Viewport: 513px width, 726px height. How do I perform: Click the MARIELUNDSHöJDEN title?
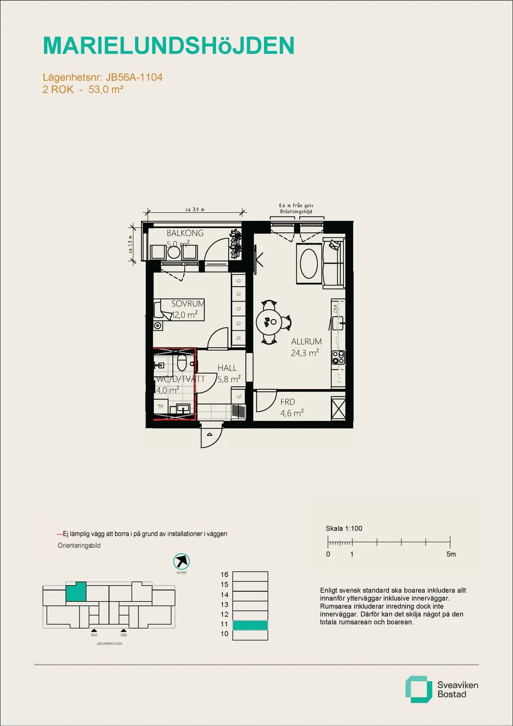pyautogui.click(x=168, y=46)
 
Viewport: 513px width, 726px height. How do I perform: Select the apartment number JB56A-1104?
pyautogui.click(x=134, y=77)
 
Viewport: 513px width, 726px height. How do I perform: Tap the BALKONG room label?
pyautogui.click(x=185, y=233)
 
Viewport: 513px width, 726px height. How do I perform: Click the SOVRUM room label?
pyautogui.click(x=187, y=304)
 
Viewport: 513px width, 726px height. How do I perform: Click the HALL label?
pyautogui.click(x=227, y=368)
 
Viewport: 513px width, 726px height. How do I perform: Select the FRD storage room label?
pyautogui.click(x=287, y=402)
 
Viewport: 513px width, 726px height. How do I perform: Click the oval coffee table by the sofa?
pyautogui.click(x=309, y=264)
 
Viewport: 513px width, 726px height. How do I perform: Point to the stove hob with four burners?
pyautogui.click(x=338, y=357)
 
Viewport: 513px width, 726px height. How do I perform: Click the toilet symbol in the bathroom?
pyautogui.click(x=182, y=363)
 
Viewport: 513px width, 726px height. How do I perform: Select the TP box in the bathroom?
pyautogui.click(x=161, y=407)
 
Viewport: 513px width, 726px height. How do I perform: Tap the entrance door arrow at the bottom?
pyautogui.click(x=209, y=435)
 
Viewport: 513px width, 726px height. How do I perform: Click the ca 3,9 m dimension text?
pyautogui.click(x=195, y=210)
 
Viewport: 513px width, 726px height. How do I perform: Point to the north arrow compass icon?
pyautogui.click(x=181, y=561)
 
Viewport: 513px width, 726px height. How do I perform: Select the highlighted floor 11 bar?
pyautogui.click(x=250, y=625)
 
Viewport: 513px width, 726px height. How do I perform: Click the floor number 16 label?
pyautogui.click(x=224, y=575)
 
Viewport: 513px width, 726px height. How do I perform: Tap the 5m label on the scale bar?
pyautogui.click(x=451, y=554)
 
